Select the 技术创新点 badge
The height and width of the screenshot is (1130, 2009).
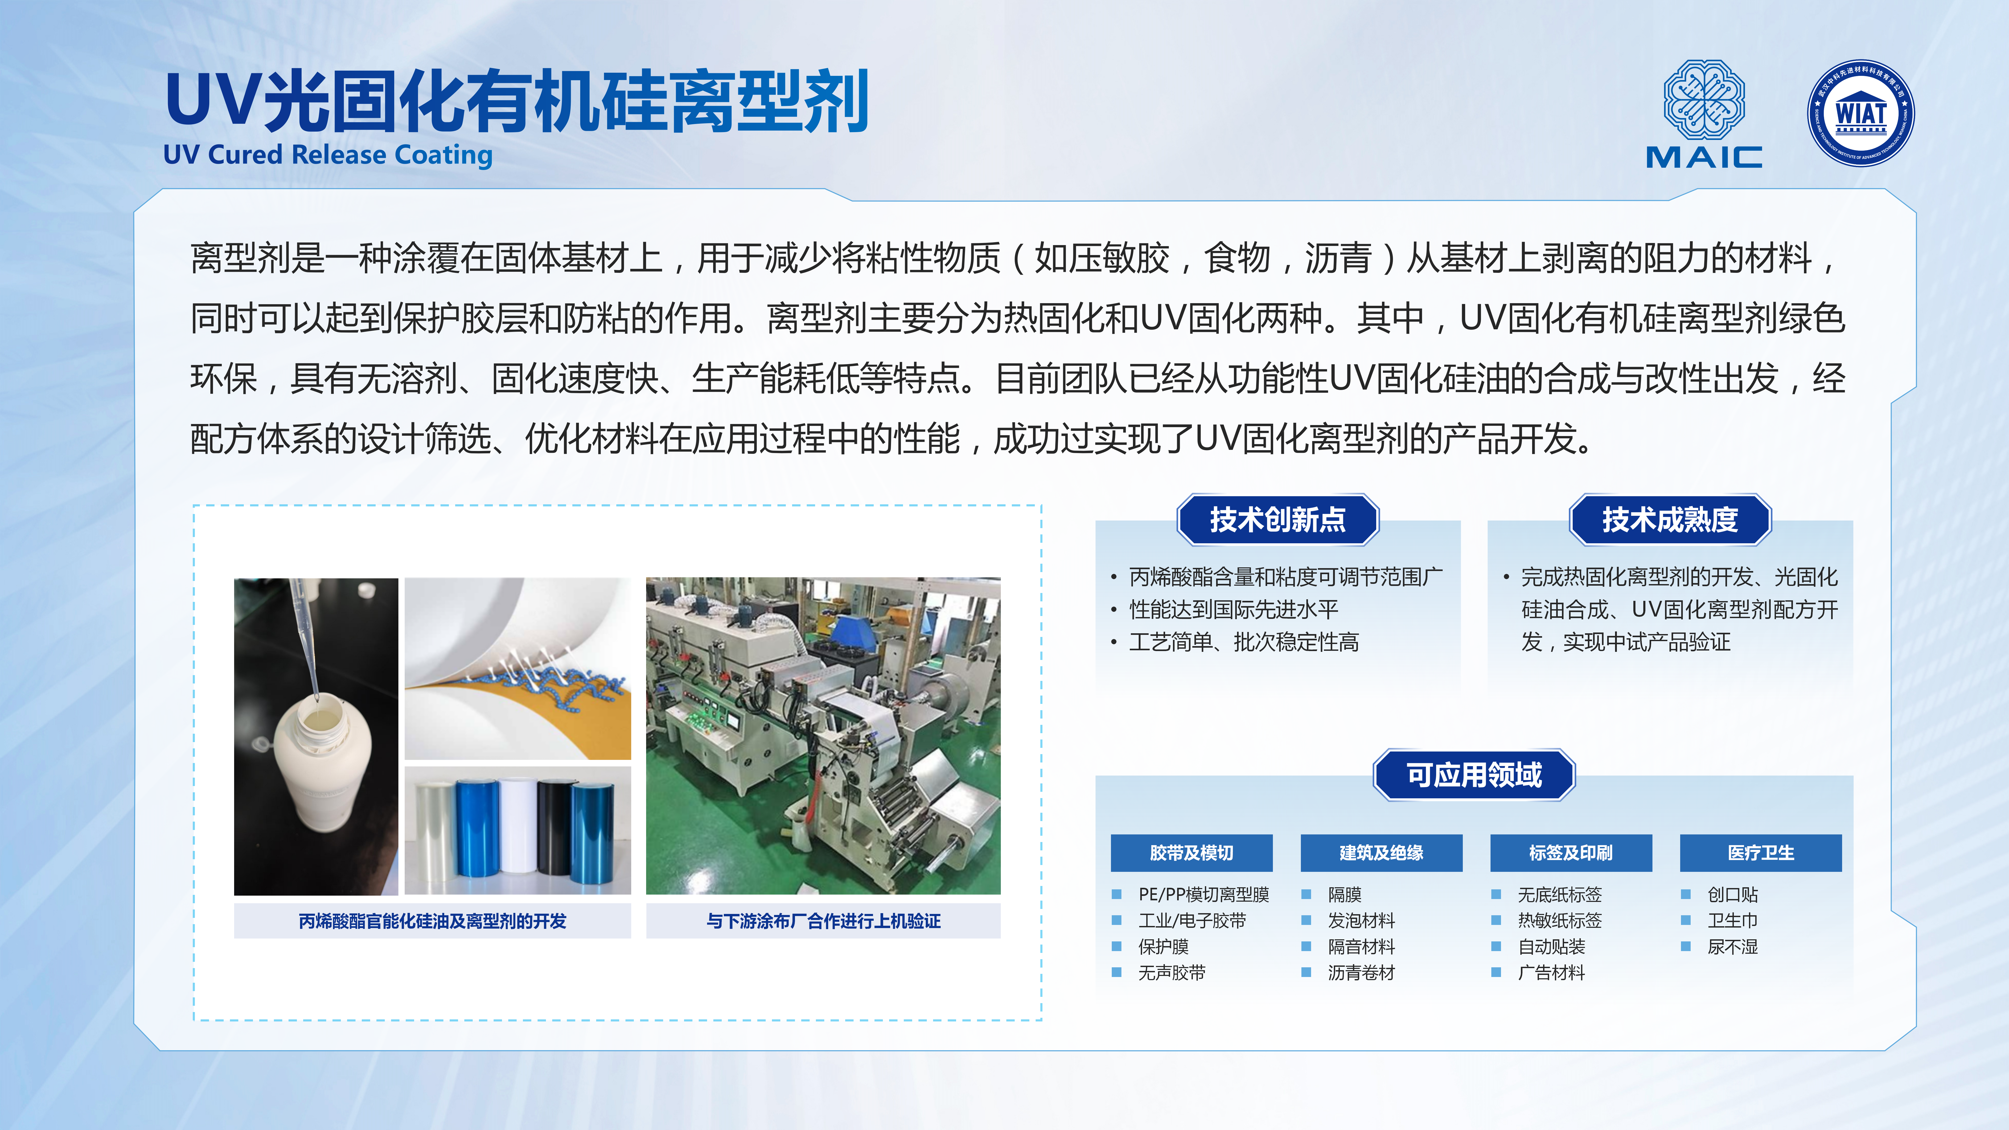(1277, 519)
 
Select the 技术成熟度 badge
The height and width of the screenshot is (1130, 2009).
(1670, 519)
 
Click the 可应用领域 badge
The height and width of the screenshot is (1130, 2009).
(1474, 775)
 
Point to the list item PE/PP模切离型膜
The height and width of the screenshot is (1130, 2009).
(1203, 895)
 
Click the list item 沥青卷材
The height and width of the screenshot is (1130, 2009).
(1361, 973)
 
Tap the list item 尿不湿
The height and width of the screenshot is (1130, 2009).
(1733, 947)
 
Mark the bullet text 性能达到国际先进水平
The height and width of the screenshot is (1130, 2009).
(1234, 609)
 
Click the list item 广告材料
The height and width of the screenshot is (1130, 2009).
(1551, 973)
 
